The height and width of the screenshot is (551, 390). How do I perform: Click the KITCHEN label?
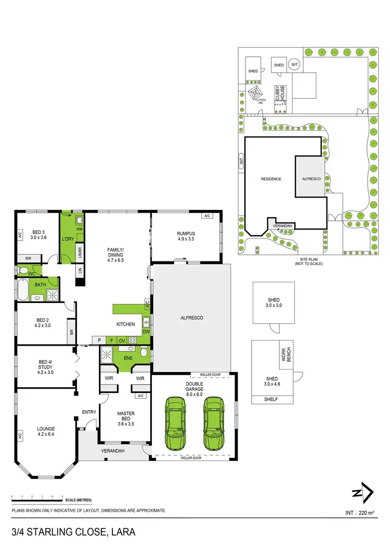coord(126,324)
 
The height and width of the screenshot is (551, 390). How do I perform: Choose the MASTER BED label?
coord(126,417)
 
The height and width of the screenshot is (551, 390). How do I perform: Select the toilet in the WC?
coord(23,270)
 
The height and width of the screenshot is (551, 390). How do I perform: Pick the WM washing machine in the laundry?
coord(79,229)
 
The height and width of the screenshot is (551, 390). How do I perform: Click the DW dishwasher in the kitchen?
coord(146,331)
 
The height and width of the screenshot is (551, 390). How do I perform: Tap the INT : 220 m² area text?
coord(360,513)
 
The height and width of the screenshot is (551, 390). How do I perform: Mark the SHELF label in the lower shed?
coord(271,399)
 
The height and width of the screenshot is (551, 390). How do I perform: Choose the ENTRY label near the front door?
coord(89,412)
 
